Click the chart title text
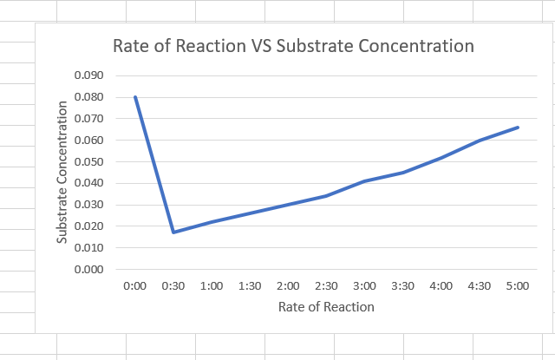[x=294, y=46]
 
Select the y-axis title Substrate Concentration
[x=62, y=173]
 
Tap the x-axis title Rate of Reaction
[x=326, y=307]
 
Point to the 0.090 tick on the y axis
[x=89, y=75]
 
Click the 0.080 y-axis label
[x=89, y=97]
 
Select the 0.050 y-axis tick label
[x=89, y=162]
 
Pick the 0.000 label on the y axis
[x=89, y=270]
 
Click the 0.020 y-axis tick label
[x=89, y=226]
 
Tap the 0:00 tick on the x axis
[x=135, y=285]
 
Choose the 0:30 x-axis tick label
[x=173, y=285]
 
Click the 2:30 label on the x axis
[x=326, y=285]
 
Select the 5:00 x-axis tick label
[x=518, y=285]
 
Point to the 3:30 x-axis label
[x=403, y=285]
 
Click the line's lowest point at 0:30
[x=173, y=232]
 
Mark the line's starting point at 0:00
[x=135, y=97]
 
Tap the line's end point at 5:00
[x=518, y=128]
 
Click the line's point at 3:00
[x=364, y=181]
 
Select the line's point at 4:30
[x=480, y=140]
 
